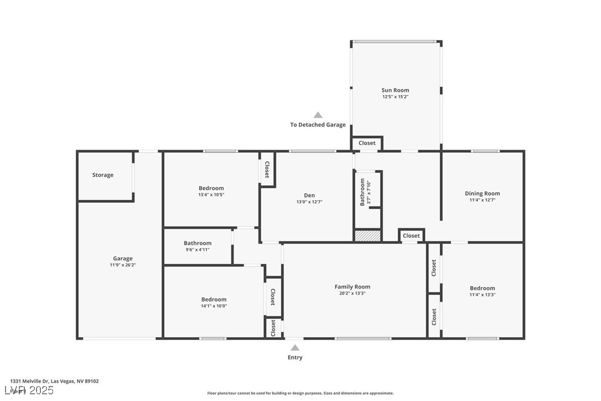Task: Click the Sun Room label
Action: point(395,90)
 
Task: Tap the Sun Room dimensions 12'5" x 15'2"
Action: point(395,97)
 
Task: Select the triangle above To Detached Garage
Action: point(318,115)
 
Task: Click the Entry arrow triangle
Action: point(295,348)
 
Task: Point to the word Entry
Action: point(295,358)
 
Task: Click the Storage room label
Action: point(103,175)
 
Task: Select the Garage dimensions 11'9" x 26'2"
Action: point(123,265)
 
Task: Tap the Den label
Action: point(309,195)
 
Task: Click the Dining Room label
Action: point(482,193)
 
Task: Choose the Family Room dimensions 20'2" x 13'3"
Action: point(353,294)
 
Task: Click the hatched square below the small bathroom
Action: point(367,235)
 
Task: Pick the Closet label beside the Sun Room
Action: point(367,143)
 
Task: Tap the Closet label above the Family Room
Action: point(411,236)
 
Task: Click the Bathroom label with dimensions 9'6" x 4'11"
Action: point(198,243)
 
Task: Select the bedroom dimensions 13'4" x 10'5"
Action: point(211,195)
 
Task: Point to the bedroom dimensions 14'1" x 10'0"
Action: point(214,306)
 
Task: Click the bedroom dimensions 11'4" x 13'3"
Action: point(482,295)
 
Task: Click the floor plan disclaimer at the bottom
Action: point(300,393)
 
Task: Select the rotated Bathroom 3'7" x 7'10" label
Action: point(365,192)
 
